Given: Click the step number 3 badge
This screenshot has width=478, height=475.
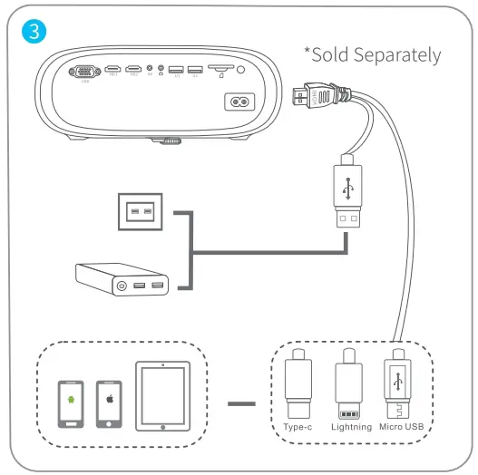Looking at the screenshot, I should (34, 30).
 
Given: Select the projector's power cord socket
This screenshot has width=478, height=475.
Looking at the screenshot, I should (240, 103).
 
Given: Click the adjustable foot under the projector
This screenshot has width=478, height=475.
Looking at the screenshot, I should (167, 141).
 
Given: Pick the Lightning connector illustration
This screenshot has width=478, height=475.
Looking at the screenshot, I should (349, 384).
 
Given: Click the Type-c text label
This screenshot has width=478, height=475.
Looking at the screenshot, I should (298, 426).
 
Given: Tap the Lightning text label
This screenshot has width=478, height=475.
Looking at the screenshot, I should (350, 426).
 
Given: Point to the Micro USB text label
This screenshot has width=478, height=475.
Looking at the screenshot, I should (400, 426).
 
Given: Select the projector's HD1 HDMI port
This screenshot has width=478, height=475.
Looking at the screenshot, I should (113, 69).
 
